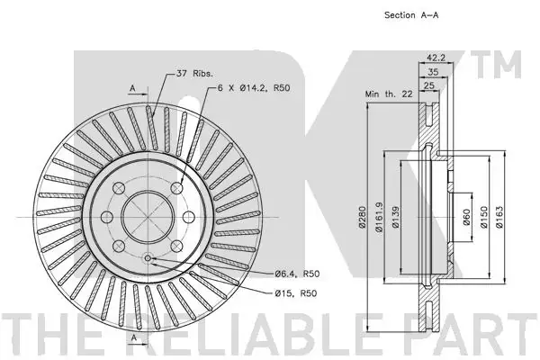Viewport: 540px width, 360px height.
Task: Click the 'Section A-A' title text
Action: click(x=411, y=15)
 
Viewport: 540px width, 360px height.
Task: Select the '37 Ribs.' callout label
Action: click(x=194, y=74)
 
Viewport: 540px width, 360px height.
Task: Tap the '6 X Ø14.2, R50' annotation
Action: click(x=254, y=88)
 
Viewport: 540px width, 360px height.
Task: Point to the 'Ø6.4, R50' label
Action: click(x=297, y=274)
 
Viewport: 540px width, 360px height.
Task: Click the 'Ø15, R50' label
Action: click(x=296, y=293)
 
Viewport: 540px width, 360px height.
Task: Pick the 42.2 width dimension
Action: click(x=436, y=58)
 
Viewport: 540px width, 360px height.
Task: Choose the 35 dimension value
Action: click(x=433, y=72)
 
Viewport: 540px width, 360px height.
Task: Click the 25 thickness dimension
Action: click(x=428, y=85)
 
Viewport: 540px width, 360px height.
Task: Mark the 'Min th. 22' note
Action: click(x=389, y=94)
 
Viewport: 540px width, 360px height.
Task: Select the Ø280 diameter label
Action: click(x=362, y=217)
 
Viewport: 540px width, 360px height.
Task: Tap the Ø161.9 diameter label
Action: click(x=379, y=217)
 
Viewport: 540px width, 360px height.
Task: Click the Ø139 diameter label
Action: click(x=396, y=217)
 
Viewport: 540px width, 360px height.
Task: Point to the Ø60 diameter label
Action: click(x=466, y=217)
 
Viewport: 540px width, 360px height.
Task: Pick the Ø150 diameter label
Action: click(x=484, y=217)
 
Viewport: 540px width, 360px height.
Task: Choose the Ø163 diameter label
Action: click(x=499, y=217)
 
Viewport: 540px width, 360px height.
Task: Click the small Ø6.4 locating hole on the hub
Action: click(x=148, y=258)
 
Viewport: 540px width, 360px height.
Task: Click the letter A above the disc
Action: click(x=133, y=89)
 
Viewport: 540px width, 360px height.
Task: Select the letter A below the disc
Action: click(x=134, y=337)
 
